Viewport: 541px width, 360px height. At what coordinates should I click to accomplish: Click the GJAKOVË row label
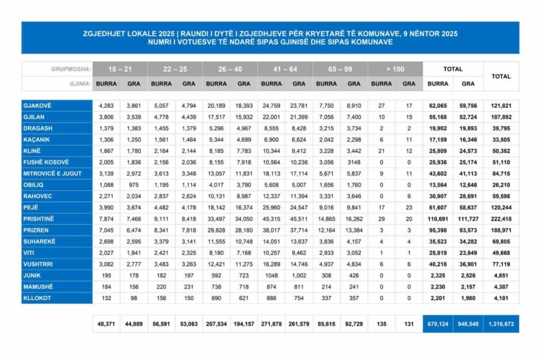click(x=38, y=106)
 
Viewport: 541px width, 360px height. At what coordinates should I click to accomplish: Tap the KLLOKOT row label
click(x=37, y=298)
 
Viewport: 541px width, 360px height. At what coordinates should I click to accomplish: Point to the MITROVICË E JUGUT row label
click(x=52, y=173)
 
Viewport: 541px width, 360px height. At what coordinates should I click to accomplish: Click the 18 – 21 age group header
click(x=120, y=69)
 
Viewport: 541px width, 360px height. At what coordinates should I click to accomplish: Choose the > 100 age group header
click(x=395, y=69)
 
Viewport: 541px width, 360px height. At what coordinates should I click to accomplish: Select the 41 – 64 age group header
click(x=285, y=69)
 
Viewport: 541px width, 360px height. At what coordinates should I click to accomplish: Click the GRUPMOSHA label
click(x=71, y=69)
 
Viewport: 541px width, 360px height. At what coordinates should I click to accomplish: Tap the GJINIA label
click(x=79, y=83)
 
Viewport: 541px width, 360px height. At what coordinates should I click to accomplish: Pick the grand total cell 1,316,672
click(x=501, y=324)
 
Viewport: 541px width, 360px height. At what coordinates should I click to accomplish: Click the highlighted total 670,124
click(x=438, y=324)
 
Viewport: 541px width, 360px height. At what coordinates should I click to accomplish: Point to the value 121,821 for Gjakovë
click(x=501, y=106)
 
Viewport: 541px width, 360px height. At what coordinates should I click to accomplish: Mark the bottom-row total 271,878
click(x=272, y=324)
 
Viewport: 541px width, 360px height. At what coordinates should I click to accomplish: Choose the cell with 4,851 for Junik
click(x=501, y=275)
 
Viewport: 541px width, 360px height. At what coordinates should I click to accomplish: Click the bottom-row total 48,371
click(x=107, y=324)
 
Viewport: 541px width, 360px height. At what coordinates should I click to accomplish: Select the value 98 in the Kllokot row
click(x=134, y=298)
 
